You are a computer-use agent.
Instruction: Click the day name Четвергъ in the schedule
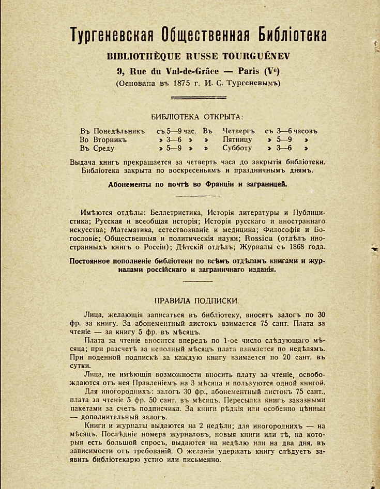coord(239,131)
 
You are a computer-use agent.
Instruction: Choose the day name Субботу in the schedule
coord(237,148)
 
